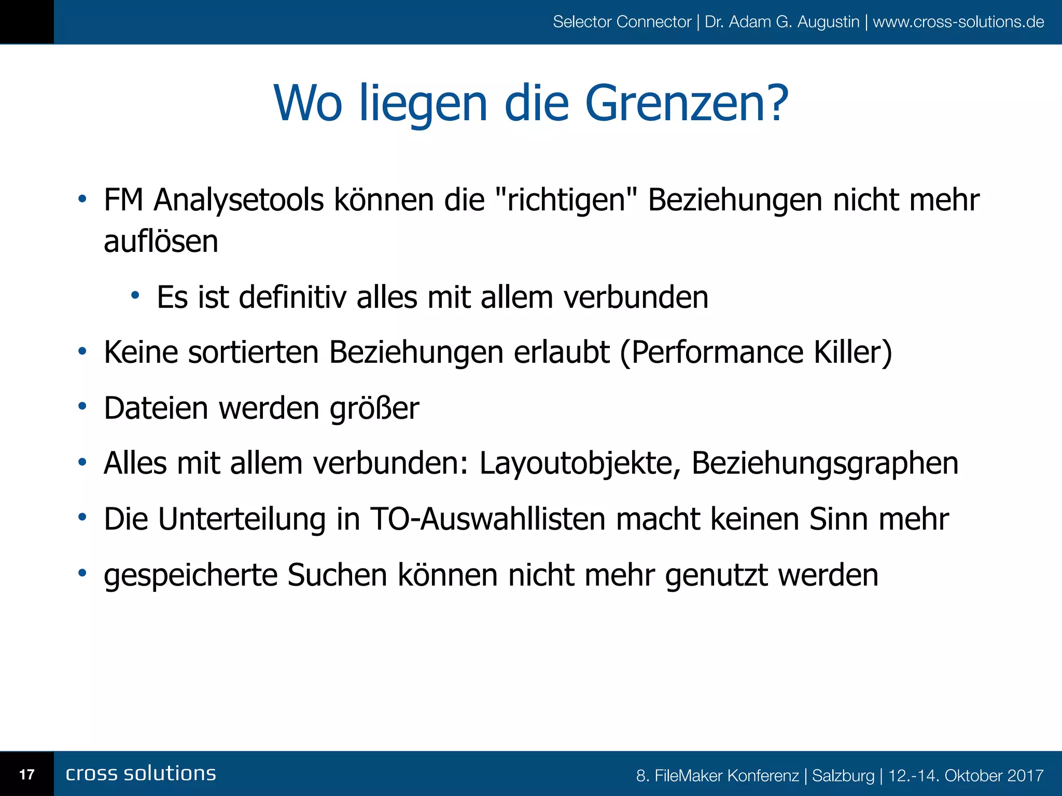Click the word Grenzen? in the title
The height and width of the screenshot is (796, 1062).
(686, 104)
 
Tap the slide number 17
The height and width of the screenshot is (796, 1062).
(26, 775)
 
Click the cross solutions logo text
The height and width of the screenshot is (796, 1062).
(141, 774)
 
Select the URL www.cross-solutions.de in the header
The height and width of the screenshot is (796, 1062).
(958, 22)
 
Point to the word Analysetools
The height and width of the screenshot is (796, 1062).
(239, 200)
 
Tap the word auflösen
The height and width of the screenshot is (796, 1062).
(161, 242)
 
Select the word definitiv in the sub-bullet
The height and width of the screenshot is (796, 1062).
(292, 297)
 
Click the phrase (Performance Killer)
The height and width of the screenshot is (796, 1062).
(756, 353)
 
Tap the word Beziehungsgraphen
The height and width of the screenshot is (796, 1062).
(825, 463)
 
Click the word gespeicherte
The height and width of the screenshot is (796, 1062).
(190, 575)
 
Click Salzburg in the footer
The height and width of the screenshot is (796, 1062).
(843, 776)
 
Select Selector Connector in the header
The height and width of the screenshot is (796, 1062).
(622, 22)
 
